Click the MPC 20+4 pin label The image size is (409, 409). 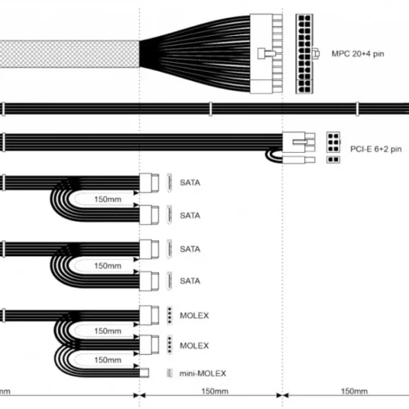[357, 54]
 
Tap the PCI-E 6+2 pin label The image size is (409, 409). [375, 149]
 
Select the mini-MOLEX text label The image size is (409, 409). [203, 373]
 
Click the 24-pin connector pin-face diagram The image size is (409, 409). [304, 54]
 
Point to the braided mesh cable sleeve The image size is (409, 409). [70, 54]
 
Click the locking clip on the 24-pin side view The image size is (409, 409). [267, 53]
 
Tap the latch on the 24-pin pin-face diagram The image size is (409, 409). [317, 54]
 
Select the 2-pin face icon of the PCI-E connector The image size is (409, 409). [333, 160]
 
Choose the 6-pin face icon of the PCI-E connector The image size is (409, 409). [333, 142]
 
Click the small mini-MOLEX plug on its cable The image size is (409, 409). [144, 373]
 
